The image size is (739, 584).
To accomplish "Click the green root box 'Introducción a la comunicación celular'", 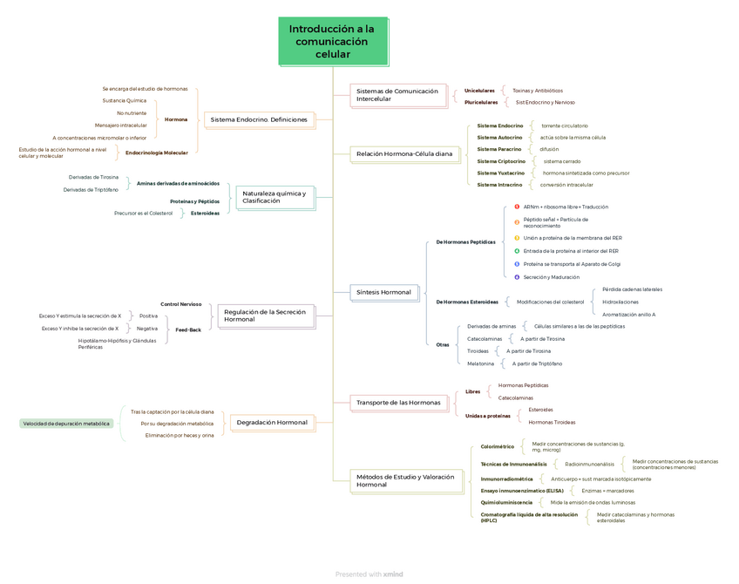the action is coord(332,42).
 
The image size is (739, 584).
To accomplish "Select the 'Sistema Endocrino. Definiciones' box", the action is coord(259,119).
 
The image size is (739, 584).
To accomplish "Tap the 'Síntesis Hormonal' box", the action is coord(383,292).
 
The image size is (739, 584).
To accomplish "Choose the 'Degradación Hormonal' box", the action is coord(271,423).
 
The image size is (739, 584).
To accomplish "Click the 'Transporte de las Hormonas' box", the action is coord(398,402).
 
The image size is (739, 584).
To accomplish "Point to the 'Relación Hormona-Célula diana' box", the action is coord(404,153).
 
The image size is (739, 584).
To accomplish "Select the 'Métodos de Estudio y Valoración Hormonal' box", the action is coord(405,480).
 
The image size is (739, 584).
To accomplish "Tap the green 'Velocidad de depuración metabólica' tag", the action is coord(66,424).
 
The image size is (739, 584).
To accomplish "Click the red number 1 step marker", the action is coord(517,207).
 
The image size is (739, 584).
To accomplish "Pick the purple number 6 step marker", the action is coord(517,276).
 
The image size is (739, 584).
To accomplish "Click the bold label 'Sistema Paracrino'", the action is coord(499,149).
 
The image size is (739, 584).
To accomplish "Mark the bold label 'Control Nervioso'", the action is coord(180,304).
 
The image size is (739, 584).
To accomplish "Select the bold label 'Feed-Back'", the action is coord(188,329).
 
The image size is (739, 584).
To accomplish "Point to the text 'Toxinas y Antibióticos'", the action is coord(537,91).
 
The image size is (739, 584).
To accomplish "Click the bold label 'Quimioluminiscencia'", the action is coord(506,502).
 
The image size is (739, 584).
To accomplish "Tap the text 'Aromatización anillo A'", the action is coord(628,314).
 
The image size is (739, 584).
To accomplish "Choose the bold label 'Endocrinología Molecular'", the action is coord(156,153).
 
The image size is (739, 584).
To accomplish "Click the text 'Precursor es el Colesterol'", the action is coord(143,213).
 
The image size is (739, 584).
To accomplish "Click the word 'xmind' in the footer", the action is coord(393,574).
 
